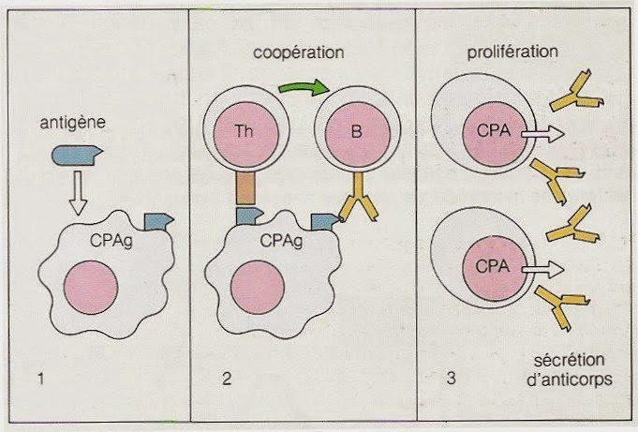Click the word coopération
pos(293,53)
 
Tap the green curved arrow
pos(304,88)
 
